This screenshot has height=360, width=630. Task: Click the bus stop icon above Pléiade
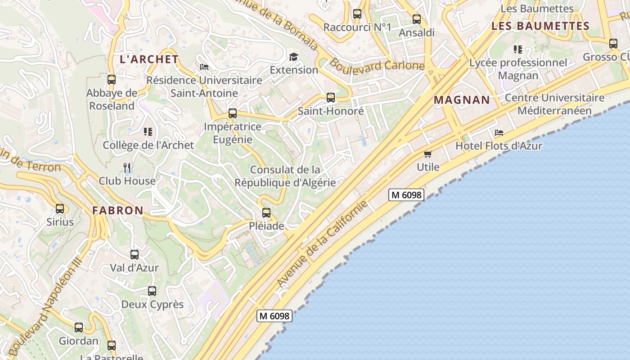coord(266,213)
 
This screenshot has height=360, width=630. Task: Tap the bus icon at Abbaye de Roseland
coord(112,80)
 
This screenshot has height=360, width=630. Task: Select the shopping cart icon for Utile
coord(428,154)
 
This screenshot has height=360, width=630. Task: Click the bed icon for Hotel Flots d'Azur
coord(499,133)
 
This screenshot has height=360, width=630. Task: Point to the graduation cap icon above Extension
coord(294,57)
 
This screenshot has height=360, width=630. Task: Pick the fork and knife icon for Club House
coord(127,168)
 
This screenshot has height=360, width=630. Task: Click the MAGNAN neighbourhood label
coord(462,100)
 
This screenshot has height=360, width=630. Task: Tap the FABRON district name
coord(118,210)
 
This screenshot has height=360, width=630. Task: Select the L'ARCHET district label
coord(149,59)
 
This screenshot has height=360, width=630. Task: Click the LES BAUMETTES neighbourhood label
coord(540,26)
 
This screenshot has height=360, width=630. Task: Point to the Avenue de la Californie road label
coord(322,243)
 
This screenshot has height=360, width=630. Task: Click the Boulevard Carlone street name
coord(377,65)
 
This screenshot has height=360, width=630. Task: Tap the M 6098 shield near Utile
coord(406,195)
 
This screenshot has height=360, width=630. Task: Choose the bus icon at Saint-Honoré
coord(331,98)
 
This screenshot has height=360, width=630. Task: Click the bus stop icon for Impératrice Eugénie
coord(233,113)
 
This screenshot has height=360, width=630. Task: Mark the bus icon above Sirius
coord(60,209)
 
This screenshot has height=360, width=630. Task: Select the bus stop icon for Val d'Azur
coord(135,255)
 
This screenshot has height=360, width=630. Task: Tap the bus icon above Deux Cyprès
coord(152,291)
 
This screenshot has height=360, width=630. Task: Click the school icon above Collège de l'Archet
coord(148,132)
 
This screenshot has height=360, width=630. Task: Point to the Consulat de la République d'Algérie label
coord(285,176)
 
